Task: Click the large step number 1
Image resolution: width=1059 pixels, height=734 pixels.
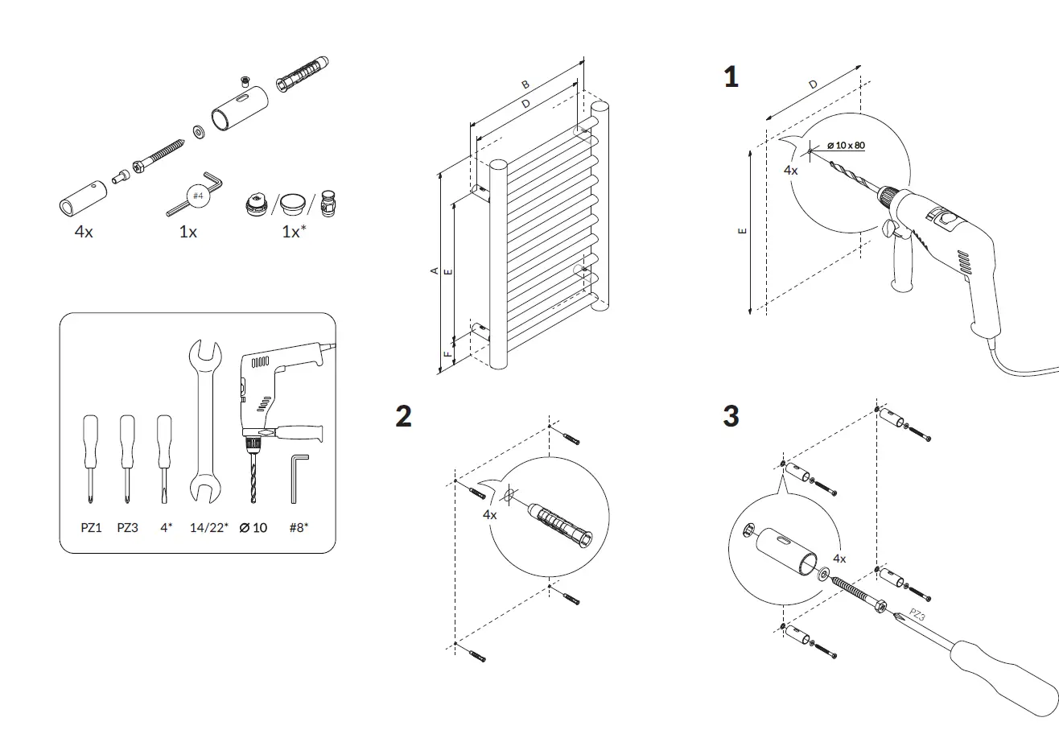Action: pyautogui.click(x=731, y=77)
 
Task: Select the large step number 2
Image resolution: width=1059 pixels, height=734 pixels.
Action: pyautogui.click(x=403, y=416)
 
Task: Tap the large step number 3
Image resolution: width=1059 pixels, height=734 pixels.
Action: pyautogui.click(x=731, y=416)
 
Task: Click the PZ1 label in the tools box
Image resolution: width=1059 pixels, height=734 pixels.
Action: pyautogui.click(x=91, y=528)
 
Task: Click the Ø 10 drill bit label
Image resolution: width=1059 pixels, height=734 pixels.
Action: pyautogui.click(x=253, y=528)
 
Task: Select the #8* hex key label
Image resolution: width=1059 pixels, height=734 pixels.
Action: pyautogui.click(x=299, y=528)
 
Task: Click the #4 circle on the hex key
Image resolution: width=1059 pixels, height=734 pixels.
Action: pyautogui.click(x=198, y=196)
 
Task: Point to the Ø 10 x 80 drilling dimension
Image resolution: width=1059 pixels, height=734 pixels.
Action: pyautogui.click(x=846, y=145)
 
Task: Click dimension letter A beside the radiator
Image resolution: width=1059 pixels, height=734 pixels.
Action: pyautogui.click(x=434, y=271)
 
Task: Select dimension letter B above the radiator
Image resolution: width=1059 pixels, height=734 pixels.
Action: pyautogui.click(x=525, y=85)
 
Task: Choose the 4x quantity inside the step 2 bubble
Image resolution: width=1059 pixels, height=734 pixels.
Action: pyautogui.click(x=490, y=514)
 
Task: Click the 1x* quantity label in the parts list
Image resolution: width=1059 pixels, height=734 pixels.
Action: pyautogui.click(x=294, y=232)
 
